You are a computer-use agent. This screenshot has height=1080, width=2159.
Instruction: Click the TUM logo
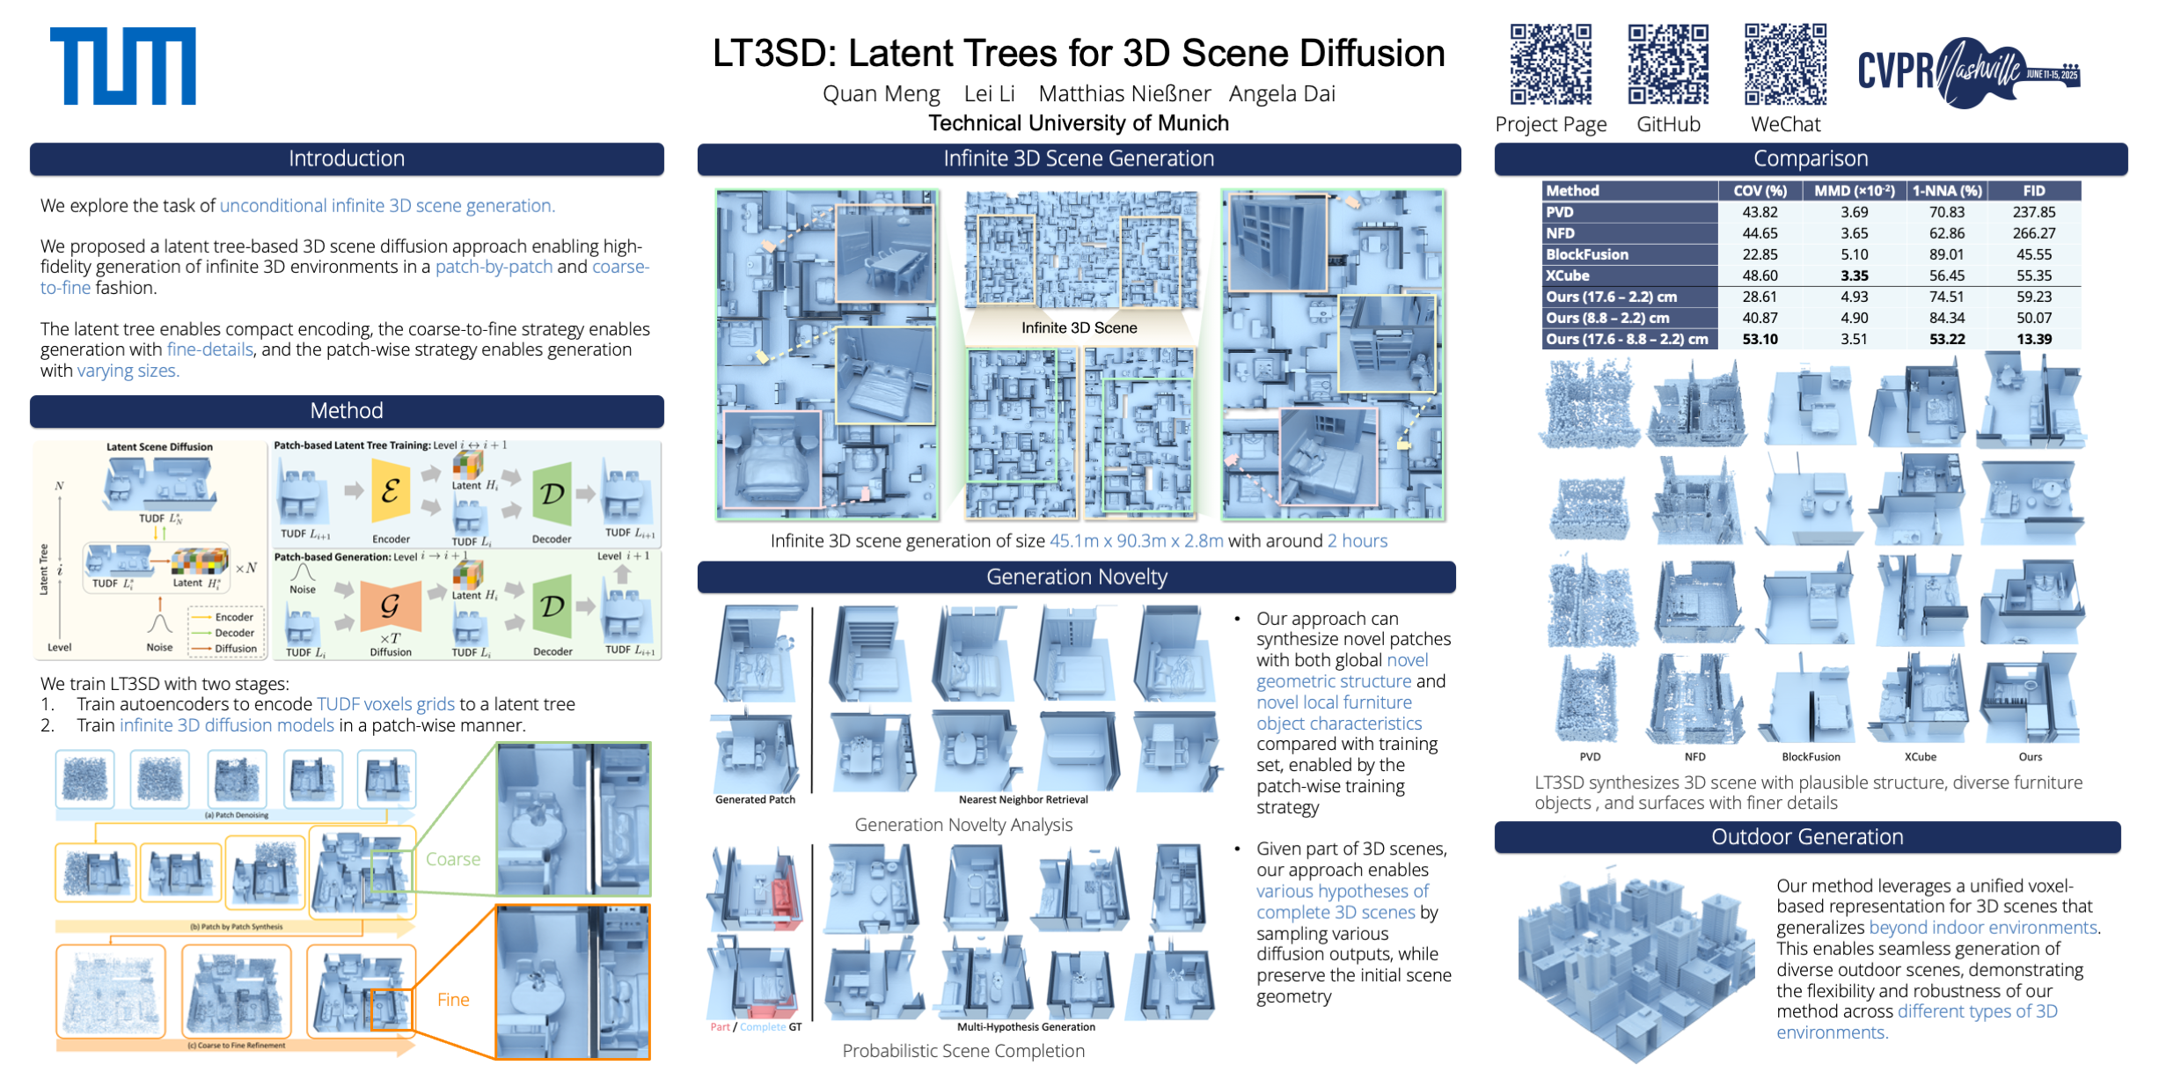point(122,66)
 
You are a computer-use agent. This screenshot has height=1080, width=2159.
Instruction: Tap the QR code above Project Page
point(1550,64)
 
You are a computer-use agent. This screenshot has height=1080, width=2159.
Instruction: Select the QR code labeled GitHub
point(1667,64)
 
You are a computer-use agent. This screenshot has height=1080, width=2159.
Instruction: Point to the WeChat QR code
point(1785,64)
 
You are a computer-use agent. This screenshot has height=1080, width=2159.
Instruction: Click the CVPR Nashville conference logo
point(1968,71)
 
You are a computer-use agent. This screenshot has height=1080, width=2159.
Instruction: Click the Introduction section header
point(347,158)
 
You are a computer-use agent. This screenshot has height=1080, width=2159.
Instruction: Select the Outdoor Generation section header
point(1807,837)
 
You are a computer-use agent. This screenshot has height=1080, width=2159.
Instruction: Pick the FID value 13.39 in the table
point(2034,339)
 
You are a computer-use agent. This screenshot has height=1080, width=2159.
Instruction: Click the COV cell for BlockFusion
point(1760,254)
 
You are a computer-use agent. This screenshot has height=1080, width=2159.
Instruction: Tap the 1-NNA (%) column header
point(1947,191)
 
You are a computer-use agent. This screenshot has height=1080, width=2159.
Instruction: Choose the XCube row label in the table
point(1568,276)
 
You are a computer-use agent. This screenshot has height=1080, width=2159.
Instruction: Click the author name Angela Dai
point(1282,93)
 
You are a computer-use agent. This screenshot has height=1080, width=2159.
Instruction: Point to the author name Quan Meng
point(881,93)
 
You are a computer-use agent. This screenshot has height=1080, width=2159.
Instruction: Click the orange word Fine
point(453,1000)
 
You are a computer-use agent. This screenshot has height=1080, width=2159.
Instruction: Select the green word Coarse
point(453,859)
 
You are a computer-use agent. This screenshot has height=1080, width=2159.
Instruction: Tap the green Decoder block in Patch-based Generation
point(553,606)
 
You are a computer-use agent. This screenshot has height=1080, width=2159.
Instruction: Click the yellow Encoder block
point(391,492)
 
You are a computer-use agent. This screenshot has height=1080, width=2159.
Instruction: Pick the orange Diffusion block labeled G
point(391,606)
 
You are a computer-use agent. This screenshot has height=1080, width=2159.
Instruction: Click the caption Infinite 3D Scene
point(1079,327)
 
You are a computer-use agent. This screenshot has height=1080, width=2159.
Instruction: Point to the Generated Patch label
point(755,799)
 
